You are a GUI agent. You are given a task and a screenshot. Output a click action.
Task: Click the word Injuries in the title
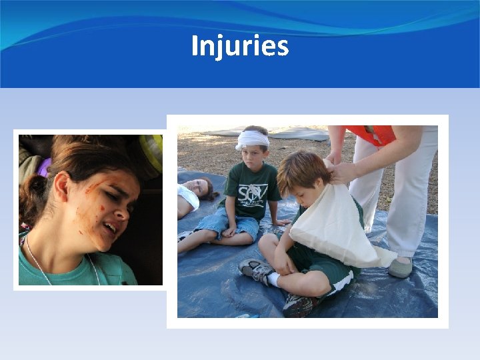pyautogui.click(x=240, y=47)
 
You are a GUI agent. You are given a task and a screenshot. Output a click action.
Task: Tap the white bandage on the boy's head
pyautogui.click(x=253, y=139)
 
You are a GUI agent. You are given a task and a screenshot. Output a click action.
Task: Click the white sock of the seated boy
pyautogui.click(x=273, y=279)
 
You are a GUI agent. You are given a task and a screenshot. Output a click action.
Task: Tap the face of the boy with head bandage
pyautogui.click(x=254, y=157)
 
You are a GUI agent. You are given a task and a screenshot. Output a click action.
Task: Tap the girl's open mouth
pyautogui.click(x=111, y=228)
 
